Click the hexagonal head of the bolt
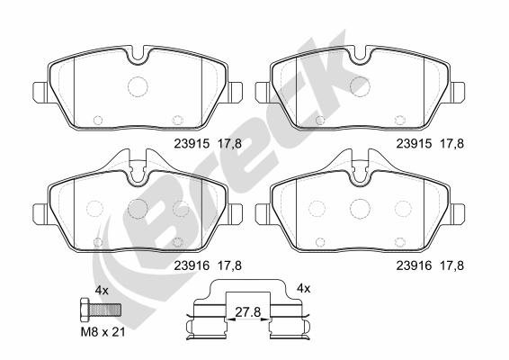85,310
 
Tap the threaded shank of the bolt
105,310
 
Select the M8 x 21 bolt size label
103,332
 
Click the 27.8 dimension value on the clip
248,312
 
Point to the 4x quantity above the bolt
102,290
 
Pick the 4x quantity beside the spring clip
304,288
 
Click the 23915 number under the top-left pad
192,144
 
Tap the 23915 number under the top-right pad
414,144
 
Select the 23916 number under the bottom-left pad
192,265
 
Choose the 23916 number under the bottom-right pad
414,265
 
